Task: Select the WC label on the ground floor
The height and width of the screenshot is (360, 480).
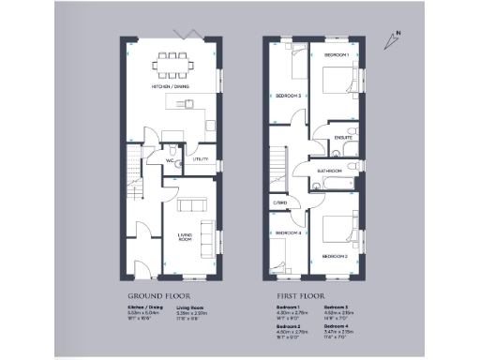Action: click(x=172, y=160)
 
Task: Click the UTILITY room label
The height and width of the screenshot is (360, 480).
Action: click(x=200, y=159)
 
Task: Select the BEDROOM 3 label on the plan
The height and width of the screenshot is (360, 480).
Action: click(x=288, y=96)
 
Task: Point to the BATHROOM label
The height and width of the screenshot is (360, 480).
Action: click(x=328, y=171)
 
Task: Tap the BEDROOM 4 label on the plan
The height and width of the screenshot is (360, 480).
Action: click(x=288, y=232)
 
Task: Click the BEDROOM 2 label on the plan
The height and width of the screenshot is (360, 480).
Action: click(x=335, y=255)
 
